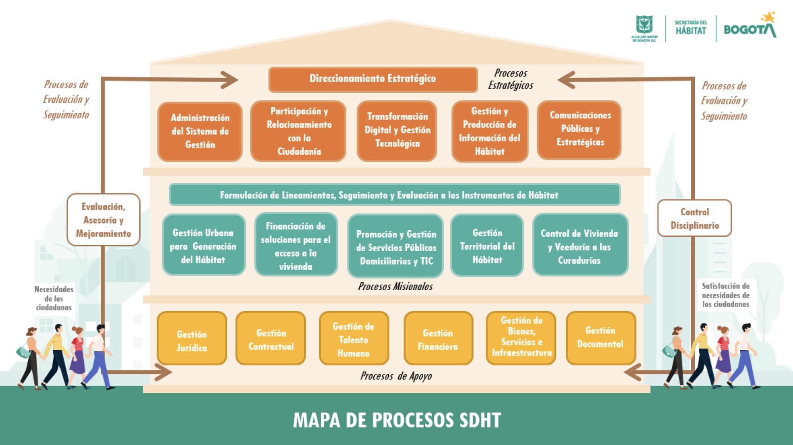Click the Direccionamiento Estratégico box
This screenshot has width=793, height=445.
pos(373,79)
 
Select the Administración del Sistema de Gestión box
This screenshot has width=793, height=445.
pos(200,131)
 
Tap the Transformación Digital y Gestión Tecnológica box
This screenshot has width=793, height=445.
pos(397,130)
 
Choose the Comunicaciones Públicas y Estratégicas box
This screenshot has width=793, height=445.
pos(579,129)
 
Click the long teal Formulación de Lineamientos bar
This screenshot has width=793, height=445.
pos(394,195)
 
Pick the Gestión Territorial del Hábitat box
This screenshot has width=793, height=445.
pos(487,246)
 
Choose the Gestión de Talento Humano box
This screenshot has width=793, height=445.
pos(353,339)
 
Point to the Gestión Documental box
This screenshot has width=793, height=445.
pos(600,338)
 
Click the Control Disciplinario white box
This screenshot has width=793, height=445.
pos(694,218)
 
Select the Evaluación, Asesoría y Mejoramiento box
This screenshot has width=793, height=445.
pos(103,220)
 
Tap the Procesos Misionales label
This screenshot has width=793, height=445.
pos(395,286)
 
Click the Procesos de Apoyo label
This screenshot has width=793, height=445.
pos(396,376)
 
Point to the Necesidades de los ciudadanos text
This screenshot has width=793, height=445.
pos(54,298)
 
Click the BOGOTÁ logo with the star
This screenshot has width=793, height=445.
pos(749,28)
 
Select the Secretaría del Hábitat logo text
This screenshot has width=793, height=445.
pos(690,28)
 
